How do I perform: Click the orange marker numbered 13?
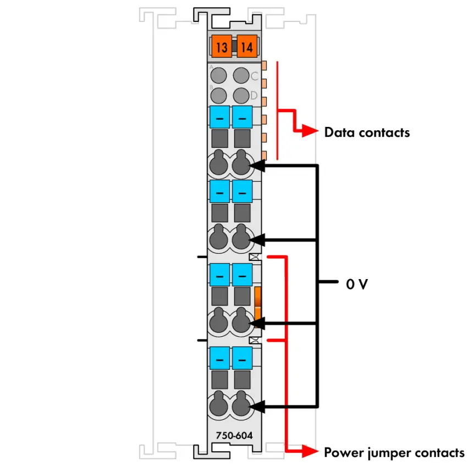coord(222,46)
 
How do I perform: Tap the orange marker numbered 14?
coord(247,46)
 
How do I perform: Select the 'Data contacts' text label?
coord(367,132)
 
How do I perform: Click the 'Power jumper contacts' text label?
coord(394,452)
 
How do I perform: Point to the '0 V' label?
coord(357,284)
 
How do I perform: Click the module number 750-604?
coord(234,435)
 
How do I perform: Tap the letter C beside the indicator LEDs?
coord(254,76)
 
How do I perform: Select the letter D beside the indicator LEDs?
coord(254,96)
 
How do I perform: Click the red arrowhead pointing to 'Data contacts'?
coord(310,131)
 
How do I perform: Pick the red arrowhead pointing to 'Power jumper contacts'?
coord(310,451)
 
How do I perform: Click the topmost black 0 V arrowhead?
coord(257,165)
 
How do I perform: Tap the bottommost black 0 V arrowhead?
coord(257,407)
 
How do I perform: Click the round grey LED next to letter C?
coord(241,75)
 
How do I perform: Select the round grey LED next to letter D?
coord(241,96)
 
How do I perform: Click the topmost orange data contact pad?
coord(264,65)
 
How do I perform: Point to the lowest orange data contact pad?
coord(264,155)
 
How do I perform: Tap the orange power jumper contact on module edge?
coord(258,307)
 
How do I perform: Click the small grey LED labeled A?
coord(218,75)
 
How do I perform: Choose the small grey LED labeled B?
coord(218,96)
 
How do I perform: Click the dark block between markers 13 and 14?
coord(234,46)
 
